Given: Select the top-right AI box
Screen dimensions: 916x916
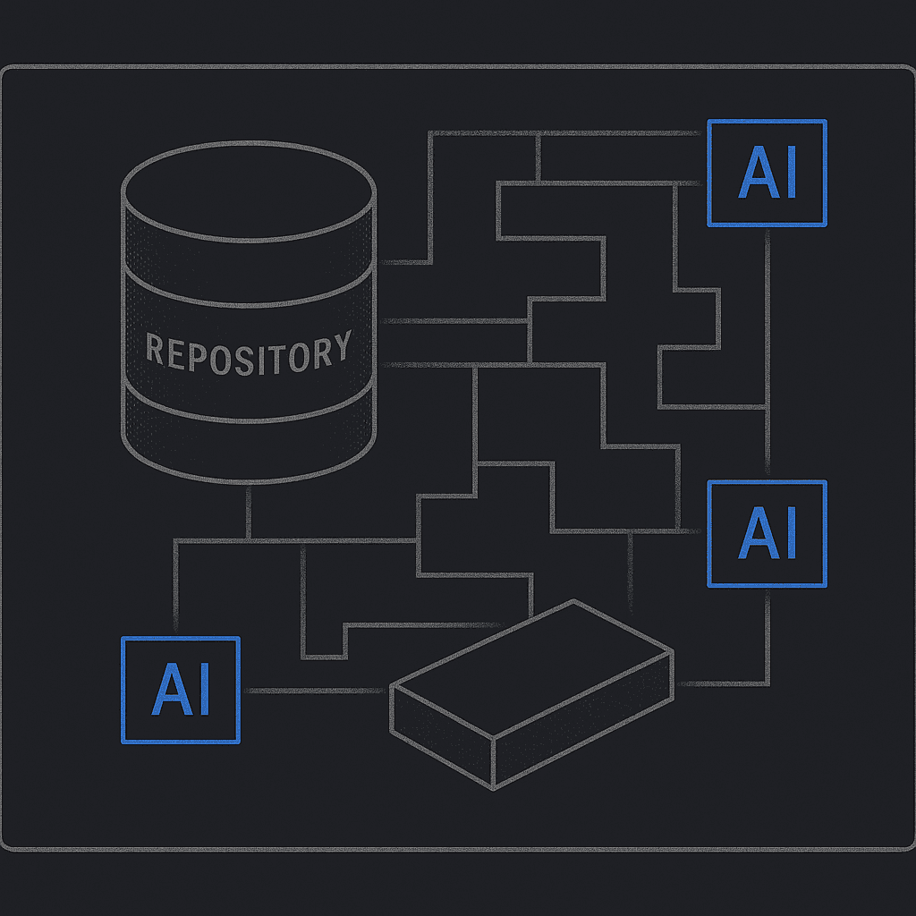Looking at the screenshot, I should coord(767,173).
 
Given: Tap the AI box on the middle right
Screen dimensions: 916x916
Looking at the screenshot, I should coord(767,533).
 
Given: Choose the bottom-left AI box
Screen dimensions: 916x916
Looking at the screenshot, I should coord(181,690).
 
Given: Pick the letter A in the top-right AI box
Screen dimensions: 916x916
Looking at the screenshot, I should coord(754,174).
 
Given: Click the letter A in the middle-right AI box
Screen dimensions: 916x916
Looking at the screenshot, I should coord(754,534).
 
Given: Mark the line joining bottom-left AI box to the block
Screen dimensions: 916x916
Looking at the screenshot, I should coord(313,690).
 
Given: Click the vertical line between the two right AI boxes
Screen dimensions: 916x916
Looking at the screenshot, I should coord(767,349).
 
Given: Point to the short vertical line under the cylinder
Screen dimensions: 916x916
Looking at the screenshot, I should coord(248,512).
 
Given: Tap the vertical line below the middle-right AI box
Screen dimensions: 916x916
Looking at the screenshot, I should coord(767,635).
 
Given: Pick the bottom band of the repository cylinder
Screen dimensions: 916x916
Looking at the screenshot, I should coord(248,443).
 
